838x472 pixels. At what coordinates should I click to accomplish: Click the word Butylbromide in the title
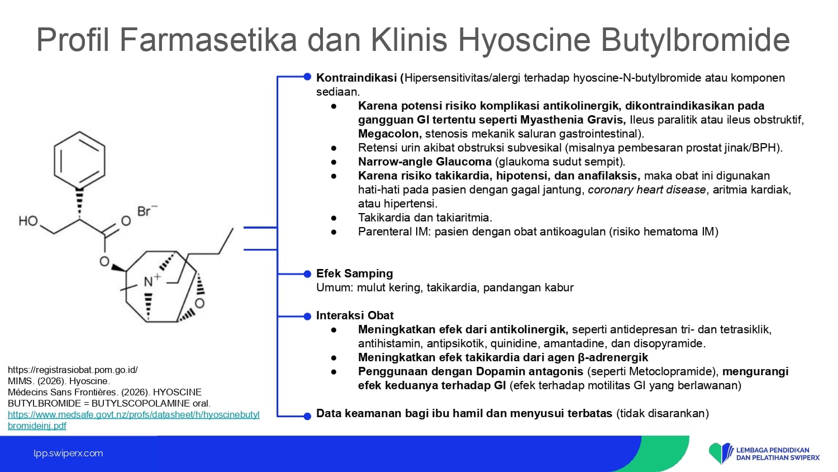click(695, 40)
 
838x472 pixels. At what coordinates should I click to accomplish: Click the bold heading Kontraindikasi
click(356, 78)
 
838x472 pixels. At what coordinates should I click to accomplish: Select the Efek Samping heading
click(355, 273)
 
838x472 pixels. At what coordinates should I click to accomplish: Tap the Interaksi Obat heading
click(355, 315)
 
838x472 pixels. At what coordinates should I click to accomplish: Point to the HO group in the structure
click(28, 221)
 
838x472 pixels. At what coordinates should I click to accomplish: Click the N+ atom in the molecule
click(151, 280)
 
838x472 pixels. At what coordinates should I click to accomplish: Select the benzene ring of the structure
click(79, 160)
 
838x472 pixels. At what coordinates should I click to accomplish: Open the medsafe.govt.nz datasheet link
click(134, 420)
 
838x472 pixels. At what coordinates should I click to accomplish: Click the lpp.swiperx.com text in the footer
click(68, 454)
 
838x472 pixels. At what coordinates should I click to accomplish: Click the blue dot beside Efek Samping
click(307, 274)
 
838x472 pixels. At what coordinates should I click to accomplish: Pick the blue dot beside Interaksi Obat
click(307, 317)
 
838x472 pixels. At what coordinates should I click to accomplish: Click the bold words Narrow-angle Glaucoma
click(425, 162)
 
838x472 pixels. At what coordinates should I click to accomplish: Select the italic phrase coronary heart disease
click(647, 190)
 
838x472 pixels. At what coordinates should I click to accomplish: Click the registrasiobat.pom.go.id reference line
click(73, 370)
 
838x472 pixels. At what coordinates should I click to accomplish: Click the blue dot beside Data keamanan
click(307, 416)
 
